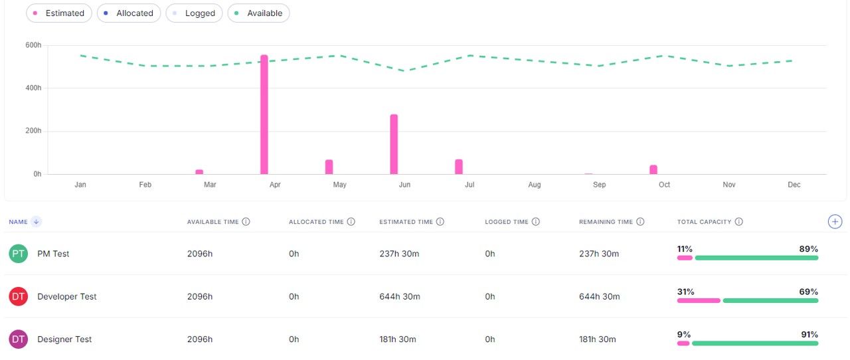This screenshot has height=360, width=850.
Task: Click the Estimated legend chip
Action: tap(59, 13)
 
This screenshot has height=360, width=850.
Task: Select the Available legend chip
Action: tap(258, 13)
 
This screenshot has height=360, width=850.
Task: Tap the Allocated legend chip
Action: tap(129, 13)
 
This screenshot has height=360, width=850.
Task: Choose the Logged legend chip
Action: tap(194, 13)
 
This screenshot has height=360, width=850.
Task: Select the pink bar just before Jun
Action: tap(394, 144)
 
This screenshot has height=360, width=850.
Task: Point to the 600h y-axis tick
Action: tap(33, 45)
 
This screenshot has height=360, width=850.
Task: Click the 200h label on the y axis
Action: tap(33, 131)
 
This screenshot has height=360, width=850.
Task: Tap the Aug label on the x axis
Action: tap(535, 185)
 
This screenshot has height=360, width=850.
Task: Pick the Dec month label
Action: tap(794, 185)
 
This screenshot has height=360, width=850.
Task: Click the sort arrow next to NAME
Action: tap(37, 222)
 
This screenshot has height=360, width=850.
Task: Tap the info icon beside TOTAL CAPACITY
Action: tap(739, 222)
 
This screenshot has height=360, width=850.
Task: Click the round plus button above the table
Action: tap(835, 222)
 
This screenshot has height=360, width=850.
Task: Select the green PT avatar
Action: tap(19, 254)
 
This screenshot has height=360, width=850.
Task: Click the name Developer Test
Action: tap(66, 297)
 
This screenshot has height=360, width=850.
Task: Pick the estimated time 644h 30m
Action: tap(400, 297)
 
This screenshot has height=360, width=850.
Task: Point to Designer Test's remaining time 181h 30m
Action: tap(598, 339)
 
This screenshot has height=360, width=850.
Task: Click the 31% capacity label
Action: tap(685, 292)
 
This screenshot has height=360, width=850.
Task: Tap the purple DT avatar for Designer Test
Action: tap(19, 339)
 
